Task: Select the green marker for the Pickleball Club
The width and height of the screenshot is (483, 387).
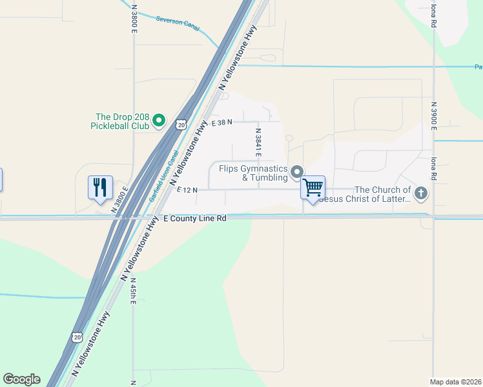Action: (x=159, y=121)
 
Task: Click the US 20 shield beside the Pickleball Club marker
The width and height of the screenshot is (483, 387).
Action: (x=182, y=123)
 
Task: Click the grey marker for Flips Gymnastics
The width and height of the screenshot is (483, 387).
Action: (x=297, y=172)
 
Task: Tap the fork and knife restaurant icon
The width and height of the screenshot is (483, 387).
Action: (x=100, y=187)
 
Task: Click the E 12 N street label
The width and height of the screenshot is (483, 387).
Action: (x=187, y=190)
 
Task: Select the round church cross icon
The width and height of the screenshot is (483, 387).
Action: (x=421, y=192)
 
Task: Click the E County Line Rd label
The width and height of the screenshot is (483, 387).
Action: (x=194, y=219)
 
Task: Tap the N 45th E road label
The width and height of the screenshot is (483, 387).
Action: (x=133, y=293)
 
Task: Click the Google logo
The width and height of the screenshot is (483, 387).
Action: (x=21, y=379)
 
